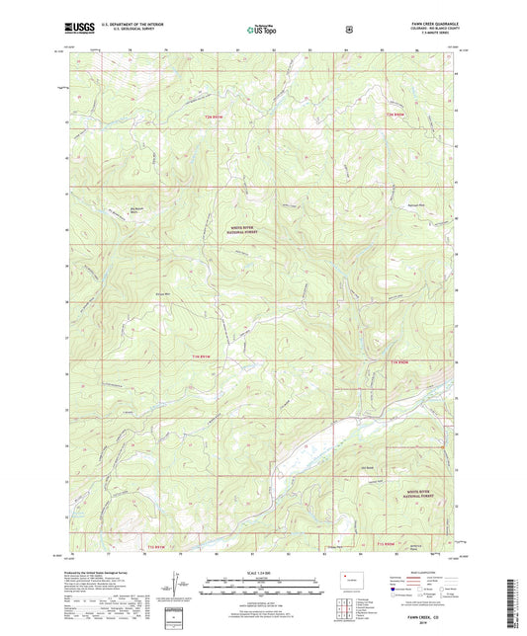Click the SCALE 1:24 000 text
pos(262,571)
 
